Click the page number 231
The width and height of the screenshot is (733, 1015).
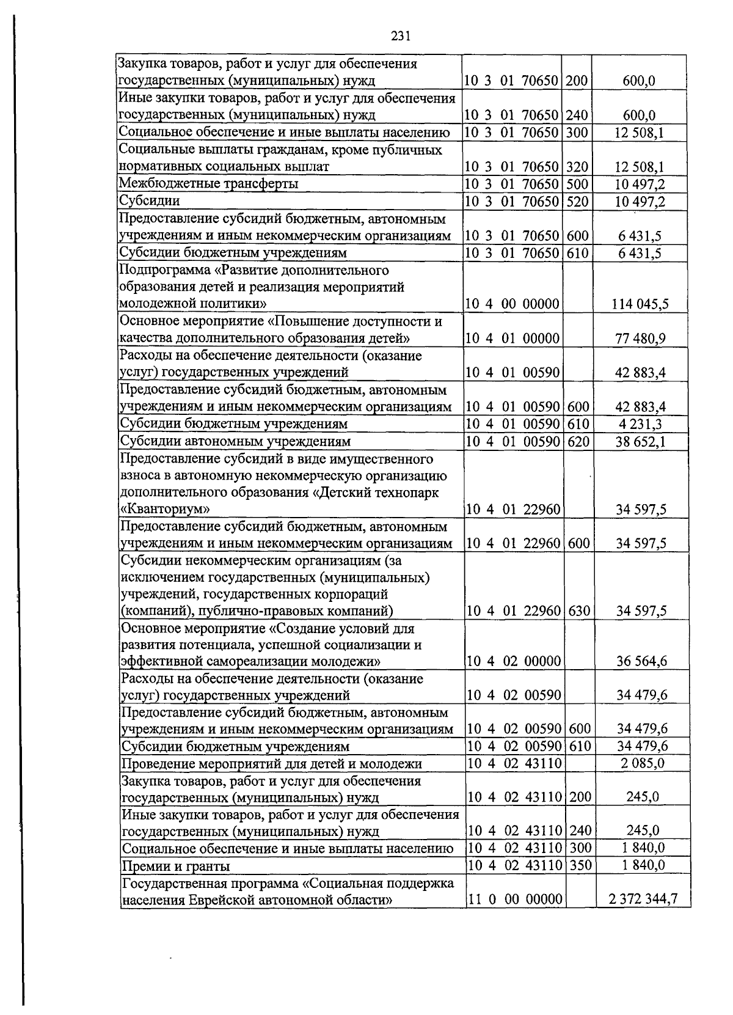coord(401,36)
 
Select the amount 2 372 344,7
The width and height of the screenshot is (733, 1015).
coord(643,900)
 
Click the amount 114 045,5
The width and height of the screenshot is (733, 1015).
coord(638,304)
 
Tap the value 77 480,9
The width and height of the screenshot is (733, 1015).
coord(640,338)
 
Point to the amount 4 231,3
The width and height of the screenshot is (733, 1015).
coord(641,424)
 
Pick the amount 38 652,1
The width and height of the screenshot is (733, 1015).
coord(640,441)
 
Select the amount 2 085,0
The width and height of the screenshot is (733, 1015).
coord(643,763)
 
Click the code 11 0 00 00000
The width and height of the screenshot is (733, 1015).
coord(514,900)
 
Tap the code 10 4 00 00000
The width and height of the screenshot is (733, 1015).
coord(512,304)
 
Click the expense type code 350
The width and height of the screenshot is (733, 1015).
coord(580,865)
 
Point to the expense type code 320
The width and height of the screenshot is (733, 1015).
coord(577,167)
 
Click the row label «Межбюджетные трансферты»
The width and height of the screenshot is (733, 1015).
coord(208,184)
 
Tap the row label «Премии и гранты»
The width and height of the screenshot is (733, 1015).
coord(176,866)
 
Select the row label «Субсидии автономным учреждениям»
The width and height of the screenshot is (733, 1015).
coord(235,441)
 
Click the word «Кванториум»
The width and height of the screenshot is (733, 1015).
coord(166,509)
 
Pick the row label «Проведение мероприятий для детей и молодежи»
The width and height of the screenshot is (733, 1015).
coord(272,764)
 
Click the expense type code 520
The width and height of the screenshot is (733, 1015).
coord(577,201)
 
